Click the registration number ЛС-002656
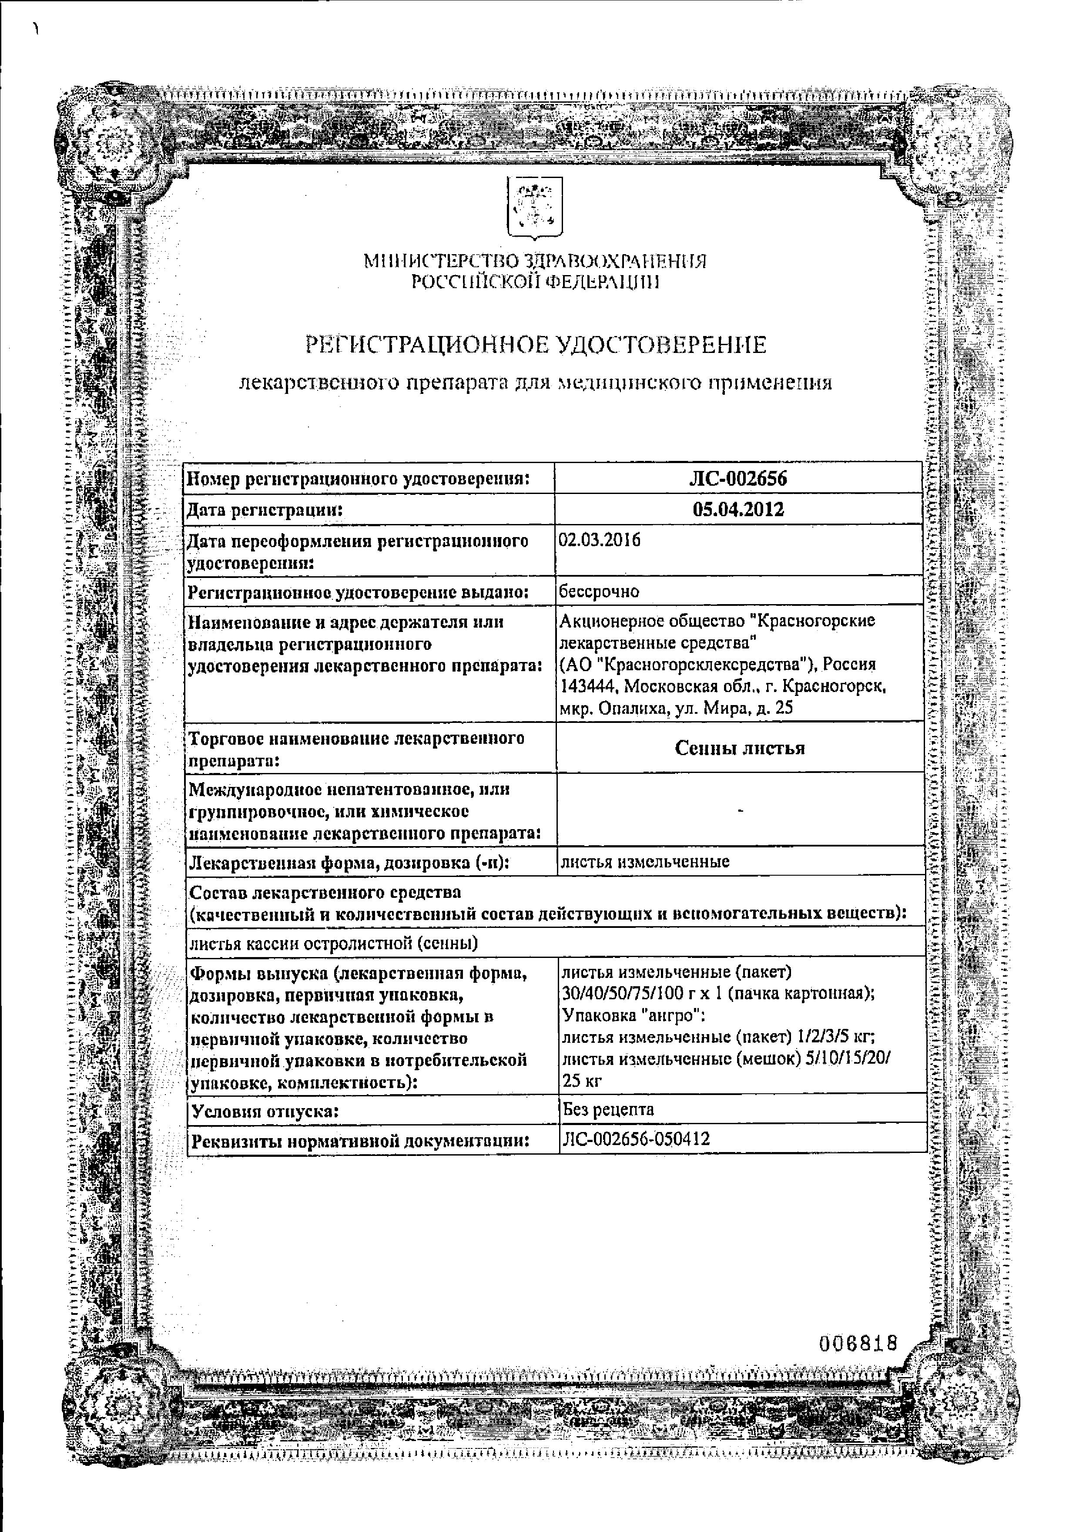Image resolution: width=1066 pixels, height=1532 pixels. pyautogui.click(x=738, y=478)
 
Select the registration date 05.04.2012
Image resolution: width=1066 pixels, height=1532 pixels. pyautogui.click(x=738, y=510)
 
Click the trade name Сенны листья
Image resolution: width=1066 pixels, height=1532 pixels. pyautogui.click(x=739, y=747)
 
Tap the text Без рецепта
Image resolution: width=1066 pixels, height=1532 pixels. pyautogui.click(x=608, y=1109)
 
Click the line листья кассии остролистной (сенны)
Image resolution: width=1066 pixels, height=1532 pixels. pyautogui.click(x=334, y=943)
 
